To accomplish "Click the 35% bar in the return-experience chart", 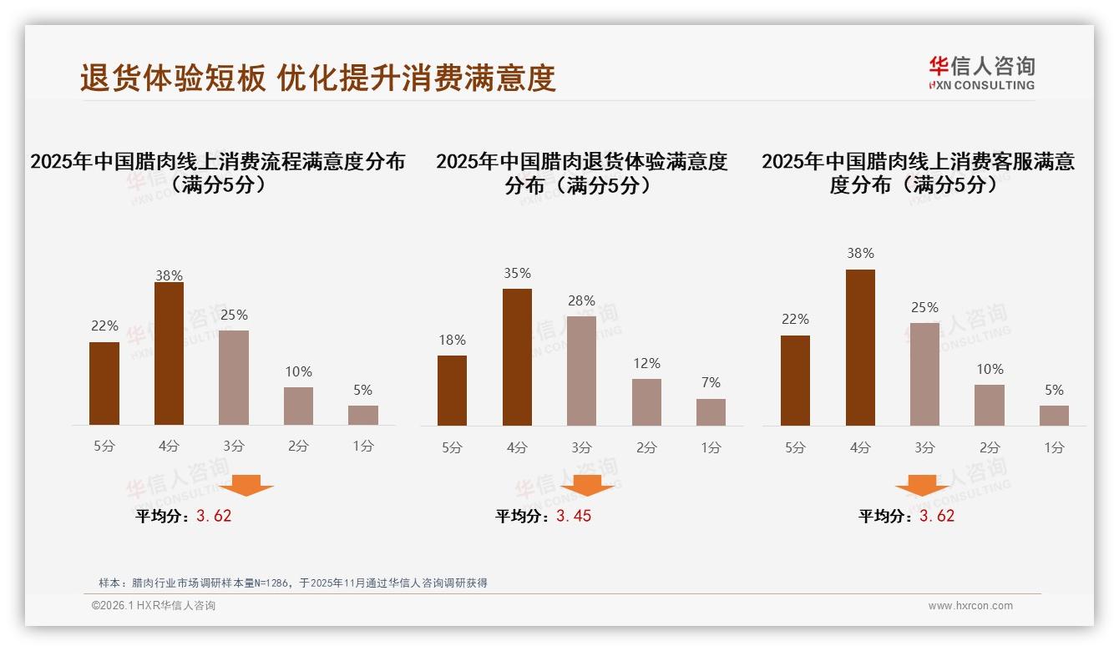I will (517, 357).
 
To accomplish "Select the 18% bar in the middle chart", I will (452, 391).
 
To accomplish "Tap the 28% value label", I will (581, 300).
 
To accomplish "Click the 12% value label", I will (646, 363).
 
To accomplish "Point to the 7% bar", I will (711, 412).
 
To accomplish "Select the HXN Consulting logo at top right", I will (981, 73).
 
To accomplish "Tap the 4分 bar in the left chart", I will (169, 354).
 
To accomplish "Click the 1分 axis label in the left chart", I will (362, 447).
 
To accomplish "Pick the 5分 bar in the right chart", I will (795, 381).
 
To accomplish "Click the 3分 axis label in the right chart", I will (924, 447).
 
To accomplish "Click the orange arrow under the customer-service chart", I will (922, 485).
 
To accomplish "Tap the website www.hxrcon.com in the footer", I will (970, 606).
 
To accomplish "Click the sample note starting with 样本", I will (292, 583).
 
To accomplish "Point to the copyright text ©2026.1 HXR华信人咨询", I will (154, 606).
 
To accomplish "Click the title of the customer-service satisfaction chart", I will (918, 173).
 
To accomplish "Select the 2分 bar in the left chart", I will (298, 406).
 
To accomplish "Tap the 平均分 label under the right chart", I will (886, 517).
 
